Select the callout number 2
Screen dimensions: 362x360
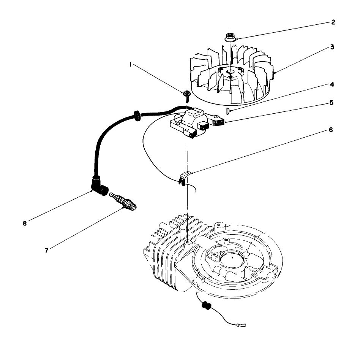pos(333,22)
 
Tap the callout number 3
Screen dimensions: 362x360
pos(332,48)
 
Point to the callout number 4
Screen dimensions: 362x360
pos(332,85)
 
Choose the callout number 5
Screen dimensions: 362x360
pos(331,103)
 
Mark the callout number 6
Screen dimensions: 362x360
pos(331,130)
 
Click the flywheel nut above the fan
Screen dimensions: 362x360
pos(230,37)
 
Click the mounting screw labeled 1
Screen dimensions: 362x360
pos(187,95)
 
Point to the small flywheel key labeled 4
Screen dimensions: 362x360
pos(227,111)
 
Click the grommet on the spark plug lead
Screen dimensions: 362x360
pos(136,115)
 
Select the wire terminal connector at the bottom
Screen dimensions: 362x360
pos(239,325)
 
